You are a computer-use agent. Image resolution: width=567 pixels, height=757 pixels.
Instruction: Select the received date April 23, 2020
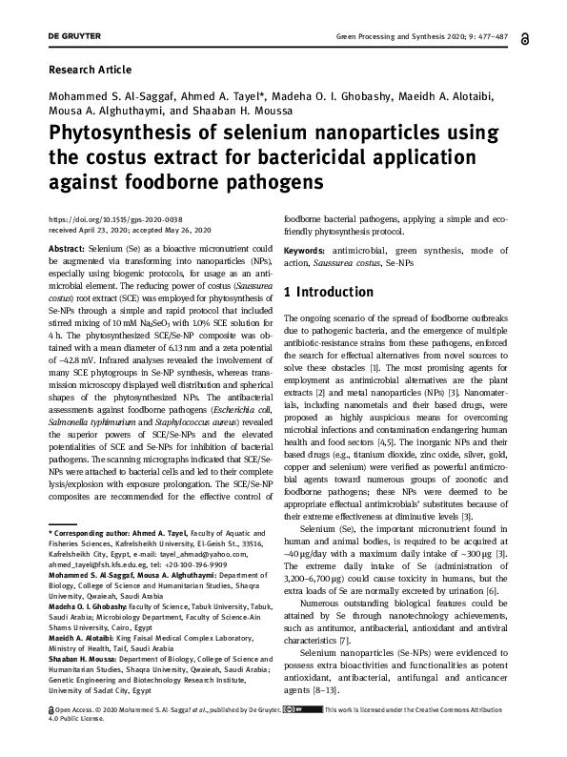pyautogui.click(x=98, y=231)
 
